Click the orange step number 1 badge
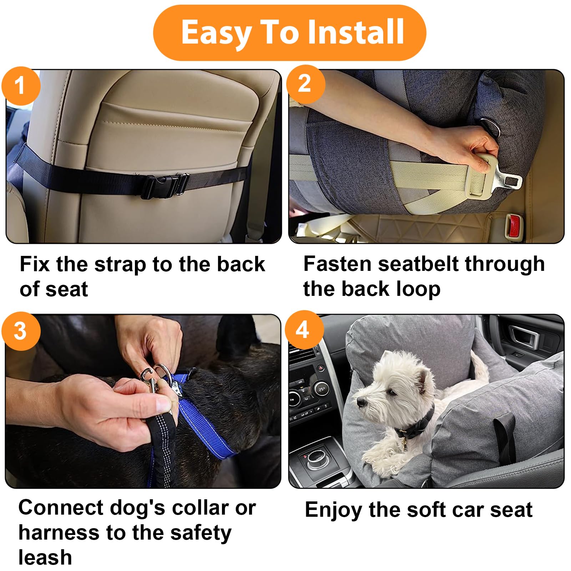click(21, 86)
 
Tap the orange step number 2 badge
click(305, 84)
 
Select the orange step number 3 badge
click(21, 331)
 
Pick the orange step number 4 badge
click(304, 330)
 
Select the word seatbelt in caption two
click(419, 264)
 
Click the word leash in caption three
click(45, 557)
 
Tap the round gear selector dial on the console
click(315, 458)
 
